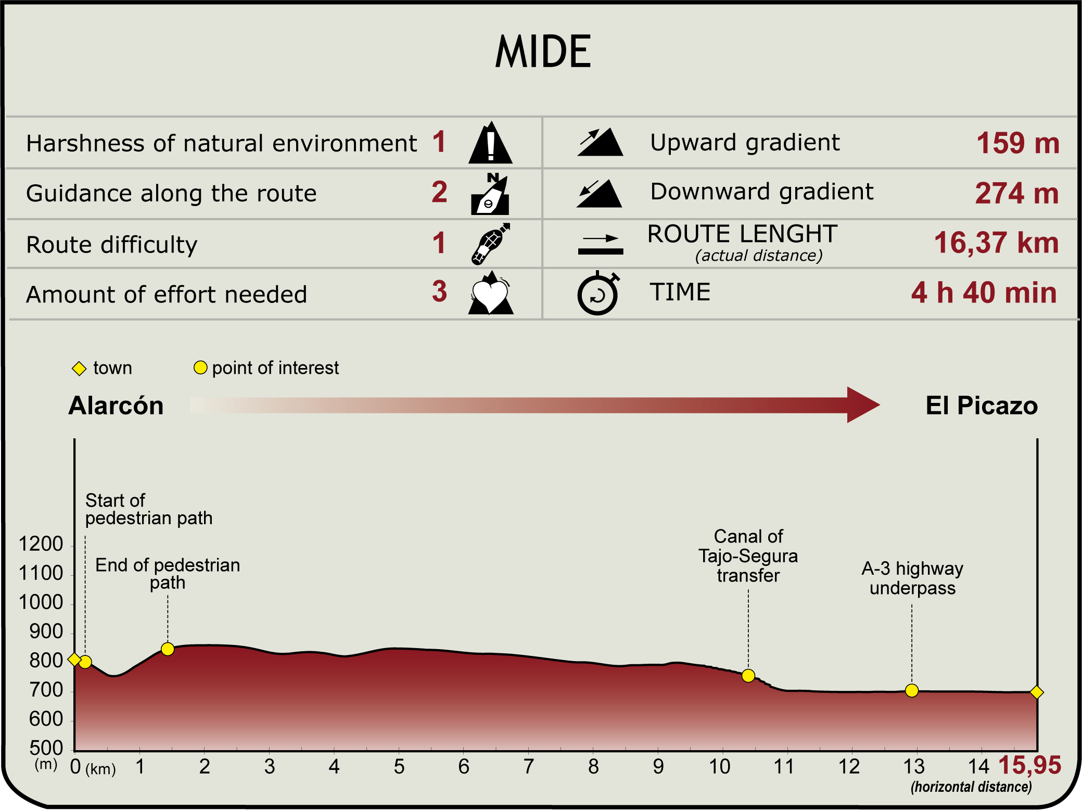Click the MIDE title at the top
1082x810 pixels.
pyautogui.click(x=543, y=52)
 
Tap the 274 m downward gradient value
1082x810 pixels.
pyautogui.click(x=1017, y=193)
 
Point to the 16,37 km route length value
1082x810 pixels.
pyautogui.click(x=996, y=243)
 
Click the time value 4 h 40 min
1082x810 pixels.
pyautogui.click(x=984, y=293)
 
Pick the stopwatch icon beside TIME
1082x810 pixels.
pyautogui.click(x=598, y=293)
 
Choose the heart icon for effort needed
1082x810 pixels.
pyautogui.click(x=491, y=293)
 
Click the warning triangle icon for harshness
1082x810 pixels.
pyautogui.click(x=490, y=143)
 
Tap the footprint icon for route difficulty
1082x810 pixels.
pyautogui.click(x=490, y=244)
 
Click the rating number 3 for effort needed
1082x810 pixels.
pyautogui.click(x=439, y=292)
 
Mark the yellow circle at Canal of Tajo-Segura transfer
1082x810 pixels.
pyautogui.click(x=748, y=676)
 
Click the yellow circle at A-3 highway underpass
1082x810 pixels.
pyautogui.click(x=911, y=691)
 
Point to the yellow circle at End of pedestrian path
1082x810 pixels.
pyautogui.click(x=168, y=649)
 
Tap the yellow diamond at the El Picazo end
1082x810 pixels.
pyautogui.click(x=1037, y=692)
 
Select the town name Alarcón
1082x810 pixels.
pyautogui.click(x=116, y=406)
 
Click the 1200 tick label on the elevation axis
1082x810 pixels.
pyautogui.click(x=41, y=544)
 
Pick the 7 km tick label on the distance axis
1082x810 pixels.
pyautogui.click(x=529, y=767)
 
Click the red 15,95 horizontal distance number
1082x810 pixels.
pyautogui.click(x=1029, y=765)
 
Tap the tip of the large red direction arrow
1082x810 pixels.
pyautogui.click(x=880, y=405)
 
